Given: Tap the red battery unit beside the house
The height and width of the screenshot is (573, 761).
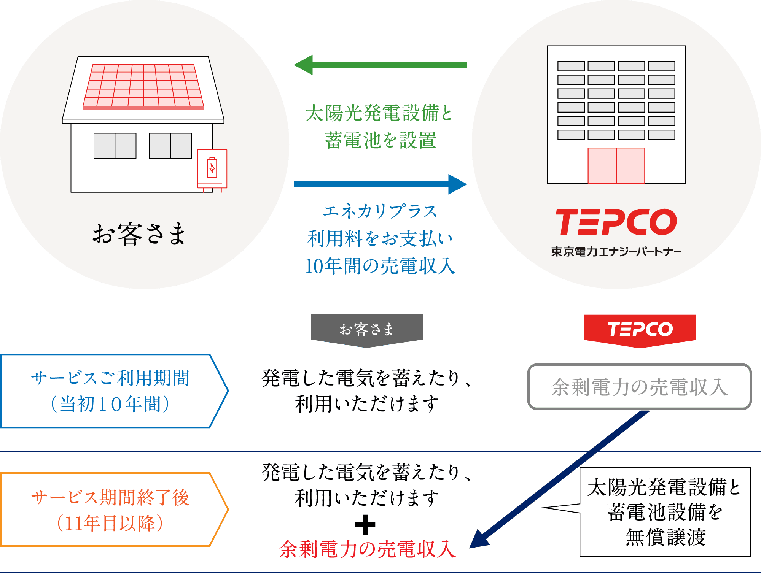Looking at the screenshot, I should point(212,169).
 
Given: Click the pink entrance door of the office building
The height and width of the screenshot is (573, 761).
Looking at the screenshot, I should point(616,165).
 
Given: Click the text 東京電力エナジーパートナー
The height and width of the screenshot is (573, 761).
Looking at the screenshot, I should point(616,252).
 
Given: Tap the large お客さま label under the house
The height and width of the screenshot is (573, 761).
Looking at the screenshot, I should point(139,234).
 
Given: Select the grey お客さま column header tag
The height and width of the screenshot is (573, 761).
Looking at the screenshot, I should point(366,329).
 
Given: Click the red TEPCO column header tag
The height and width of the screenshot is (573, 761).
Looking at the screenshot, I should point(640,329).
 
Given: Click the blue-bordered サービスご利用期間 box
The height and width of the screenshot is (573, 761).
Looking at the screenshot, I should point(110,391).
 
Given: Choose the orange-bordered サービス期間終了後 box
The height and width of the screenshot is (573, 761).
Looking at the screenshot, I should point(110,510).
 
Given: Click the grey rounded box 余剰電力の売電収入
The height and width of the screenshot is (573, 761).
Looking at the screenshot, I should point(639,387).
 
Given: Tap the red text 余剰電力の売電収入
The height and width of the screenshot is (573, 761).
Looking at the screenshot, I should point(367,549).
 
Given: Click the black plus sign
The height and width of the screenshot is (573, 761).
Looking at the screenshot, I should point(365,525).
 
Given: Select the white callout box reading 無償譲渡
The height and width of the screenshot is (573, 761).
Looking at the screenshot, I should point(665,512).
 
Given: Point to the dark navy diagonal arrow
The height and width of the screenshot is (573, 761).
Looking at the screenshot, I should point(559,479).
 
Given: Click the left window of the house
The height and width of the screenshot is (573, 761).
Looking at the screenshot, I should point(115,146).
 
